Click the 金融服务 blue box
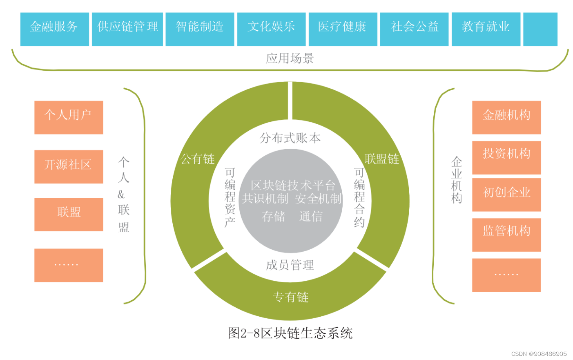coord(54,29)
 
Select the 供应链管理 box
coord(127,29)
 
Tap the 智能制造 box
coord(200,29)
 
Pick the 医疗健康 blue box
coord(343,29)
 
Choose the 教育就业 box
coord(486,29)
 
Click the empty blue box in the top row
coord(540,29)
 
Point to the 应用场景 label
coord(290,58)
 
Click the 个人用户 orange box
coord(69,117)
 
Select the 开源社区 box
coord(69,166)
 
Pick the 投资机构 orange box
coord(506,157)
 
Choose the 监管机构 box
coord(506,235)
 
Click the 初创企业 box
coord(506,195)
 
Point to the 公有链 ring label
coord(198,159)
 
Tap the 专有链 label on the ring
coord(290,297)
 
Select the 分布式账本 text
coord(290,138)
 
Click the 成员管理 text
coord(290,265)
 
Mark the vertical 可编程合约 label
coord(359,197)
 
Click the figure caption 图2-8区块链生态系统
coord(290,333)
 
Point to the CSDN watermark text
coord(539,354)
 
